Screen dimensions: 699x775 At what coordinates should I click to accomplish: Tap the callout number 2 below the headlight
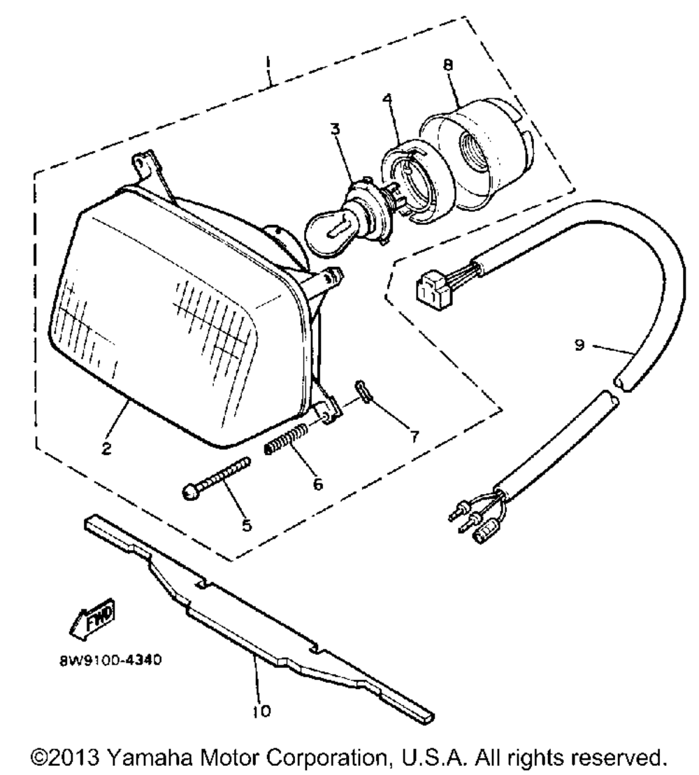pos(107,449)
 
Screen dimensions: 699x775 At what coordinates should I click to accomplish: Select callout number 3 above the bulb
pos(336,129)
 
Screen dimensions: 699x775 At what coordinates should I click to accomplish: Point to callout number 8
pos(448,65)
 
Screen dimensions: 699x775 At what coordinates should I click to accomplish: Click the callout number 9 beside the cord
pos(580,345)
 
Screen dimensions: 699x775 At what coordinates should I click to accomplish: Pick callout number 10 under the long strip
pos(262,711)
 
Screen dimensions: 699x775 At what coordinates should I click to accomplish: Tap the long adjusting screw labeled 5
pos(217,478)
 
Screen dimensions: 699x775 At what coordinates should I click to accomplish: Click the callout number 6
pos(318,484)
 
